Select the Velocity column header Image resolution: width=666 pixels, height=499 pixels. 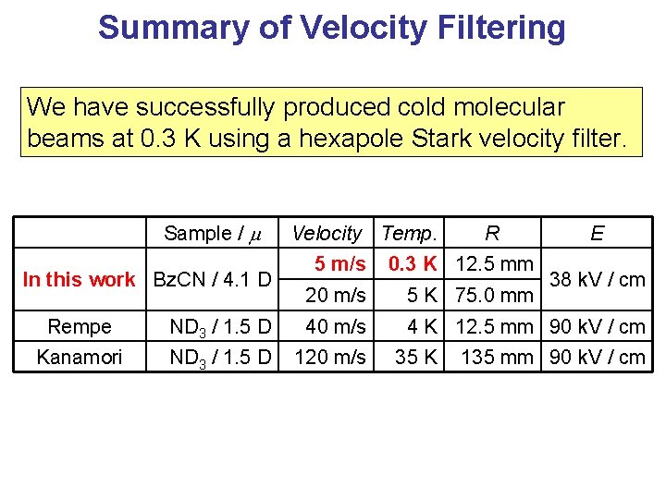(x=327, y=234)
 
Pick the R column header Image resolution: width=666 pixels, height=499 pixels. (x=492, y=234)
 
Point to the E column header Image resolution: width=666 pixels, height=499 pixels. (x=597, y=234)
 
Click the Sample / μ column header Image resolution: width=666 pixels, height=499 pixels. (x=212, y=234)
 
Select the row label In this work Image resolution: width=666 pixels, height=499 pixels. (x=79, y=279)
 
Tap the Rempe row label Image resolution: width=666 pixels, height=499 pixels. (x=80, y=326)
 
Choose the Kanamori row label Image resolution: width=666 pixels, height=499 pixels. (x=80, y=357)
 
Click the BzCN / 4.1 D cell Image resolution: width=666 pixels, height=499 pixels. (x=212, y=279)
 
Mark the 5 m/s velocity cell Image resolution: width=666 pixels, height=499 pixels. (x=339, y=264)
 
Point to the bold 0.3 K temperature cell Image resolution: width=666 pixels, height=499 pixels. (x=413, y=264)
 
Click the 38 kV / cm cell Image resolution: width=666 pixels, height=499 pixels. (x=597, y=279)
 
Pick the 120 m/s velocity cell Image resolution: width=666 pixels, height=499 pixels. (x=330, y=357)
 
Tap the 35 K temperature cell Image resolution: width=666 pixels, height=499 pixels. (x=416, y=357)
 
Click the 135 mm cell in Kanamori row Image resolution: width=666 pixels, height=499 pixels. (x=498, y=357)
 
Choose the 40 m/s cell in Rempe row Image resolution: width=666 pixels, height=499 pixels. (x=336, y=326)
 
